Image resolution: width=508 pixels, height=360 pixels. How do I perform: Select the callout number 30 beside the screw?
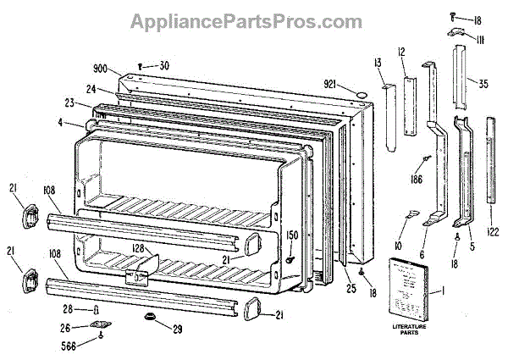163,66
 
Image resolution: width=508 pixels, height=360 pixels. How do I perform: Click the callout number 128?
138,249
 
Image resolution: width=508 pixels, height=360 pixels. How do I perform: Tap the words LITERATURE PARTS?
410,328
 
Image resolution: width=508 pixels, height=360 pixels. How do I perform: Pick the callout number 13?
376,62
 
